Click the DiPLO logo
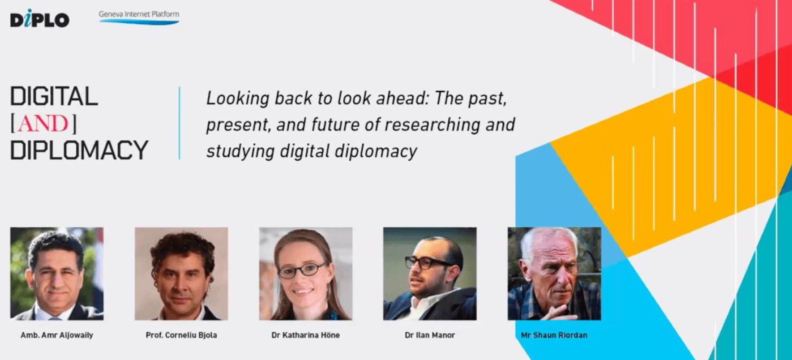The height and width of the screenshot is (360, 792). pyautogui.click(x=40, y=18)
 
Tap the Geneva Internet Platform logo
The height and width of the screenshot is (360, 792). pyautogui.click(x=139, y=18)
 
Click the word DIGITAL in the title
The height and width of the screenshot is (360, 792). pyautogui.click(x=54, y=96)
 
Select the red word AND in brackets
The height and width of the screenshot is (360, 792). pyautogui.click(x=43, y=123)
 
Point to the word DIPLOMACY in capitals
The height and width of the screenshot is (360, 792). pyautogui.click(x=79, y=150)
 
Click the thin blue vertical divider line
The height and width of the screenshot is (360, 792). pyautogui.click(x=179, y=123)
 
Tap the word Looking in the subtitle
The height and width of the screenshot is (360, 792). pyautogui.click(x=238, y=98)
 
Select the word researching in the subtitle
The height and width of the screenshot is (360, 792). pyautogui.click(x=433, y=125)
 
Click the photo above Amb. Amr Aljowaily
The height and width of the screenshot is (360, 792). pyautogui.click(x=57, y=274)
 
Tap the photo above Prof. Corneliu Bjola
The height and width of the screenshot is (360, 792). pyautogui.click(x=181, y=274)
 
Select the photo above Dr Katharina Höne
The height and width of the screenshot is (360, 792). pyautogui.click(x=306, y=274)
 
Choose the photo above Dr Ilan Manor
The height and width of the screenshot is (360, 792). pyautogui.click(x=430, y=274)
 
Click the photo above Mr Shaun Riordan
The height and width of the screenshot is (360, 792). pyautogui.click(x=554, y=274)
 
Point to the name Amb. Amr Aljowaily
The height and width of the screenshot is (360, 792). pyautogui.click(x=57, y=335)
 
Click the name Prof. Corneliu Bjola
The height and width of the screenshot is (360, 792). pyautogui.click(x=181, y=335)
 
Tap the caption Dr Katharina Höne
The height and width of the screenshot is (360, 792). pyautogui.click(x=306, y=335)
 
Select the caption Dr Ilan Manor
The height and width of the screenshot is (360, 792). pyautogui.click(x=430, y=335)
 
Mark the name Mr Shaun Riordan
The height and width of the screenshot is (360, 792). pyautogui.click(x=554, y=335)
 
